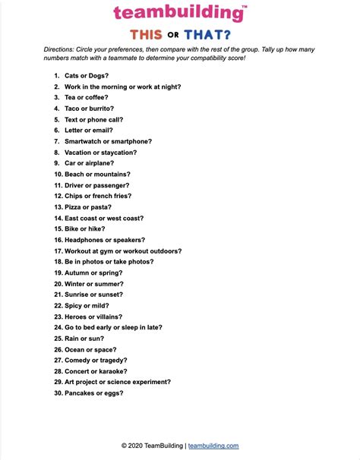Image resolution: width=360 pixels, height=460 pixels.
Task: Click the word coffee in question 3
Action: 97,98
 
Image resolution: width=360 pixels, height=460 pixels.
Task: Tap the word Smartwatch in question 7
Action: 84,141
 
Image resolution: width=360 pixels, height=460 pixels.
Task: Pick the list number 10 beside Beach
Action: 57,174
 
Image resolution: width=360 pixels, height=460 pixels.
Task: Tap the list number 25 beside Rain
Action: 57,338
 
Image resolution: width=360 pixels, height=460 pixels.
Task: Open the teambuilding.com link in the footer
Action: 213,446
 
